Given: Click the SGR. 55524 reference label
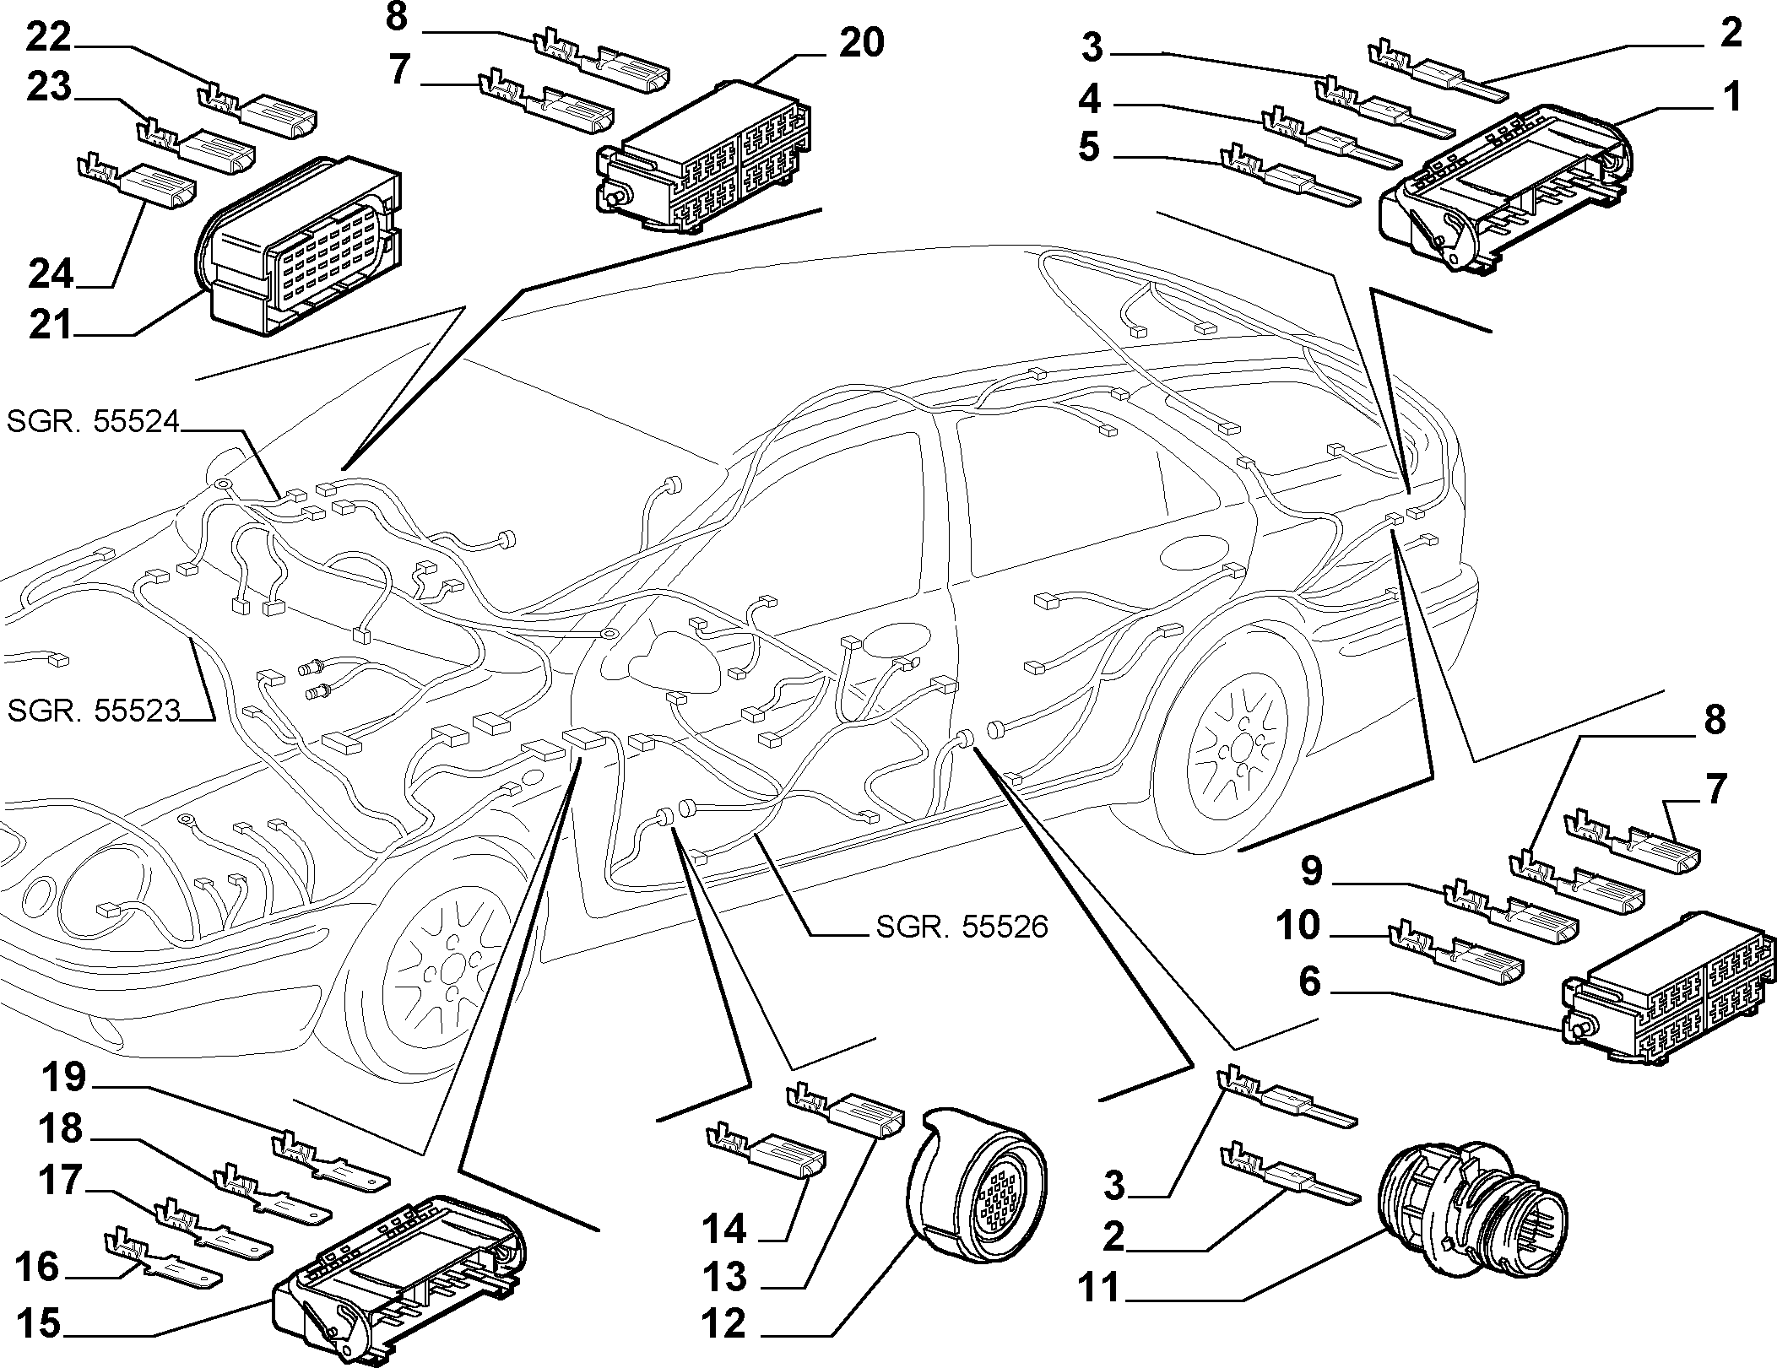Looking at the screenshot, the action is [x=94, y=421].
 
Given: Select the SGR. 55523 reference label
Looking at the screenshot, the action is [x=94, y=711].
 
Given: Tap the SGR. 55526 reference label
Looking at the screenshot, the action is [x=962, y=927].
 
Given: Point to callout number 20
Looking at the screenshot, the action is [x=861, y=43].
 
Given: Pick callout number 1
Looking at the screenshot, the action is [x=1731, y=97].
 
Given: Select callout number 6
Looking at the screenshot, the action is [x=1309, y=982].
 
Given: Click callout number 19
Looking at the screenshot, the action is [x=63, y=1078].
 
